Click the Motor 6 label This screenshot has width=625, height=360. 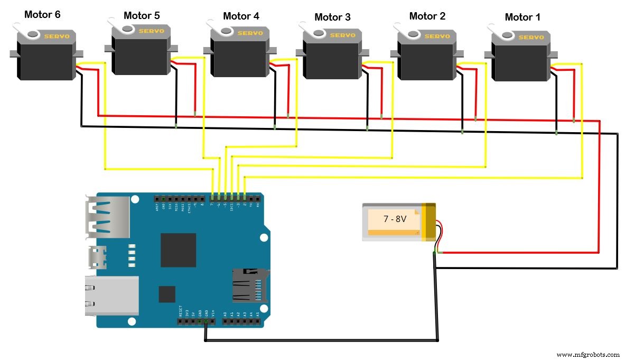(x=42, y=15)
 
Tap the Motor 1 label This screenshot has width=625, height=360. (x=522, y=17)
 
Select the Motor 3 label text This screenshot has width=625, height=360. (x=332, y=17)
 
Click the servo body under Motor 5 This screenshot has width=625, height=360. (x=141, y=56)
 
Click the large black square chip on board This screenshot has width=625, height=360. (x=178, y=250)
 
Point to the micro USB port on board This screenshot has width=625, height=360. (x=95, y=256)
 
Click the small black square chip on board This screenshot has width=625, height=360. (x=167, y=294)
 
